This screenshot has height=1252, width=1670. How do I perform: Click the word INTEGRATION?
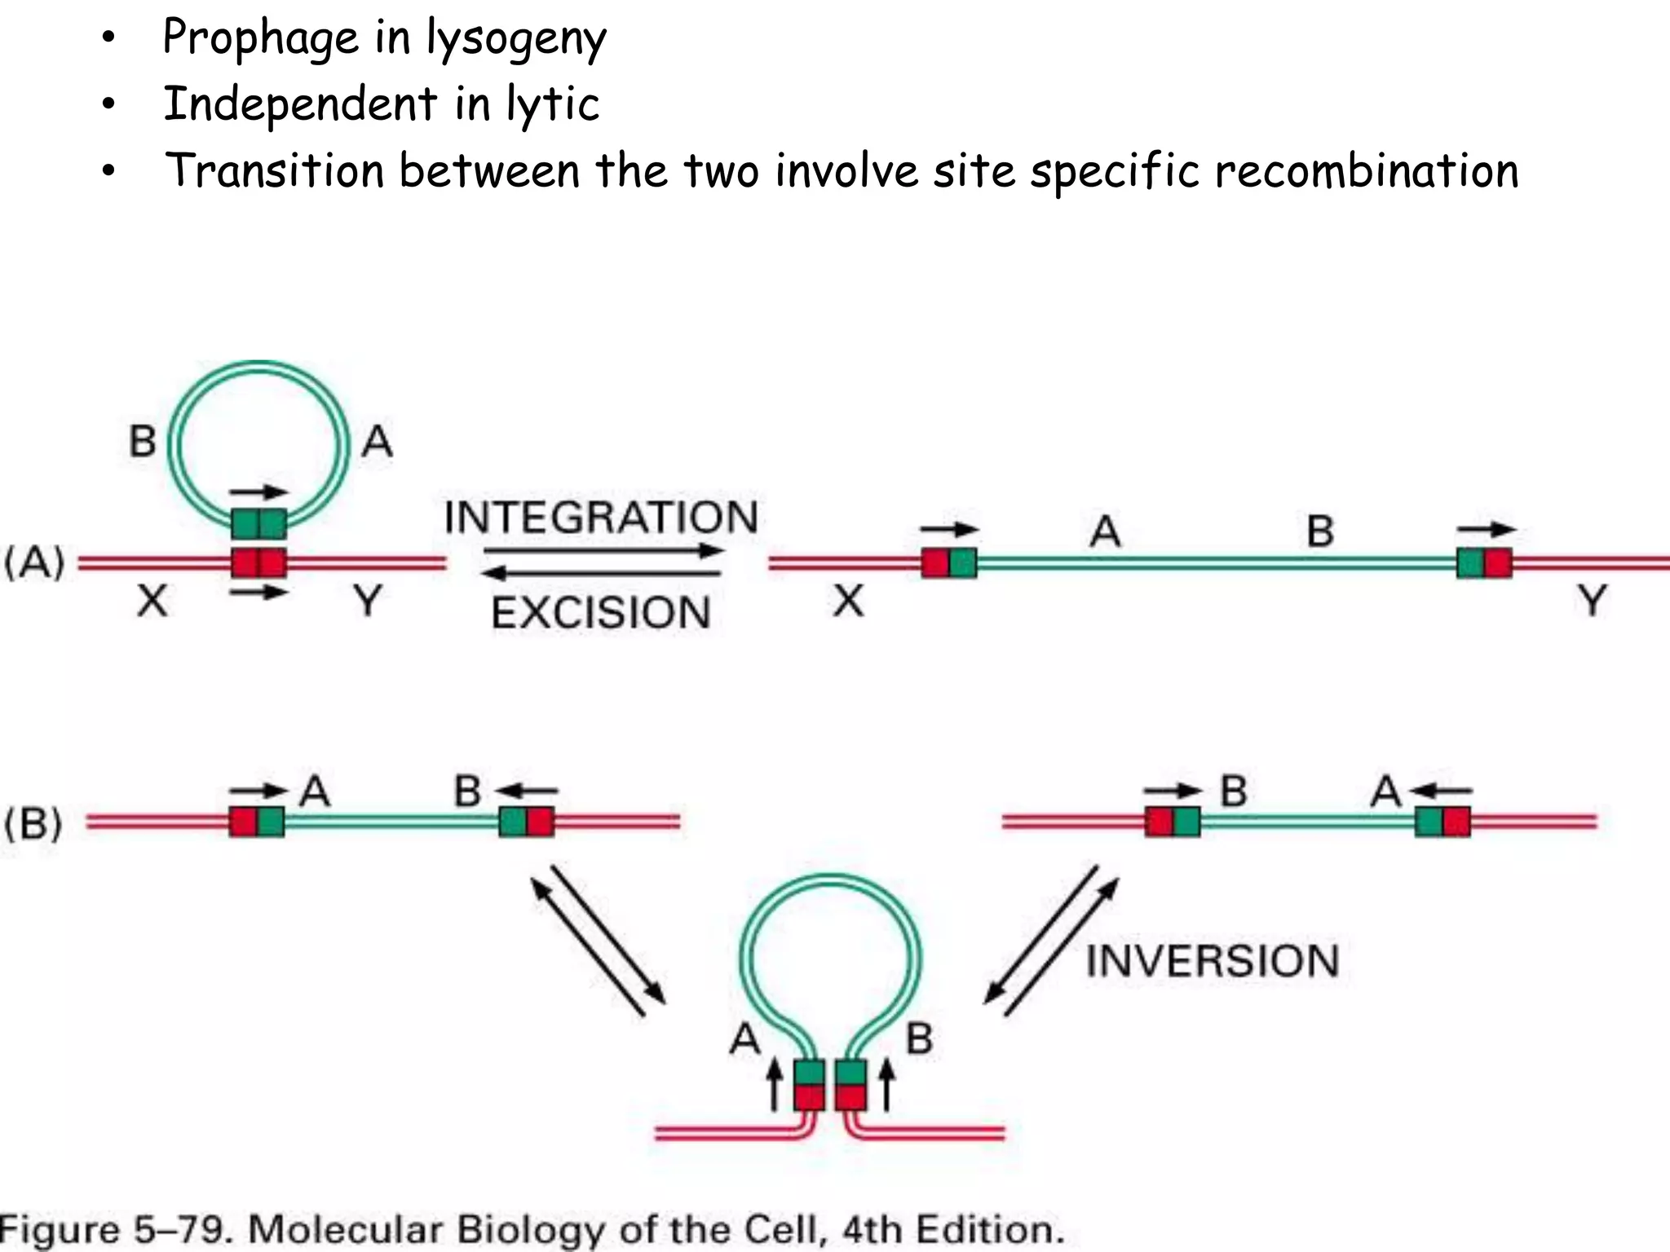[601, 518]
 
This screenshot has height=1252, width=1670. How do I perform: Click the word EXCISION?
[601, 613]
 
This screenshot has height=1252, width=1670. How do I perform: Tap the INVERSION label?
[1213, 961]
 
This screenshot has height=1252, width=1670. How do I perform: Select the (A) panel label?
[34, 562]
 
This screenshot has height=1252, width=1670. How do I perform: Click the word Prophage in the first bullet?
[260, 37]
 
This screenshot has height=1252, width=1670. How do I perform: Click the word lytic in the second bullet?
[553, 105]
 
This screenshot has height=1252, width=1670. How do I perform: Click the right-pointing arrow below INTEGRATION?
[603, 551]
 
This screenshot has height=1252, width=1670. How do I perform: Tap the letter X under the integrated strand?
[848, 602]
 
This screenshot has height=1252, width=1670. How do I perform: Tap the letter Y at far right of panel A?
[1591, 602]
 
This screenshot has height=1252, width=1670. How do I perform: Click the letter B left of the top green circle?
[143, 441]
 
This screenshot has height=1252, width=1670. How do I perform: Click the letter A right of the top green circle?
[377, 441]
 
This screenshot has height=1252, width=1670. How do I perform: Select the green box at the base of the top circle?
[258, 523]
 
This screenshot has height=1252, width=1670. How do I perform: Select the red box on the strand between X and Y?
[258, 562]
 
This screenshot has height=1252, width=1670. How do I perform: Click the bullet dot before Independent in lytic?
[108, 105]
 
